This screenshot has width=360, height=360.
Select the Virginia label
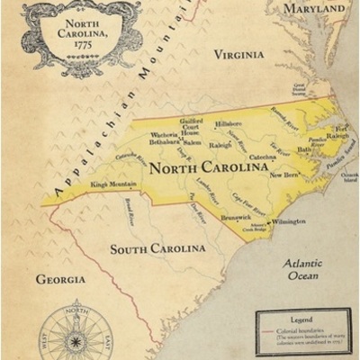[x=238, y=55]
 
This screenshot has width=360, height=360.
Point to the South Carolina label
[x=157, y=248]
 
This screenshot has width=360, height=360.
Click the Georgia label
[x=60, y=280]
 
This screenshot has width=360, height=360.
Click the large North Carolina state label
[x=195, y=168]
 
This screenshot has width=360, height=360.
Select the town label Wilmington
[x=289, y=220]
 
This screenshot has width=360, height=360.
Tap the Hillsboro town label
[x=229, y=123]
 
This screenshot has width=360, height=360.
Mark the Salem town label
[x=192, y=142]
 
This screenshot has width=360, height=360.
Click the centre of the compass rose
[x=74, y=336]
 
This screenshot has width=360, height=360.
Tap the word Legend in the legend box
[x=302, y=319]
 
